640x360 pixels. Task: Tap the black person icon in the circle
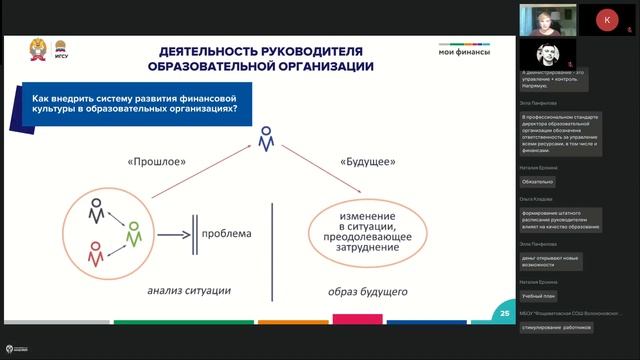pyautogui.click(x=96, y=212)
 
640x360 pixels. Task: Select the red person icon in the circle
pyautogui.click(x=96, y=254)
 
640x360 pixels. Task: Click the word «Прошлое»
pyautogui.click(x=156, y=161)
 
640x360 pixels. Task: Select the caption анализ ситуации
pyautogui.click(x=189, y=291)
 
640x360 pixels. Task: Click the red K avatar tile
pyautogui.click(x=607, y=20)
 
